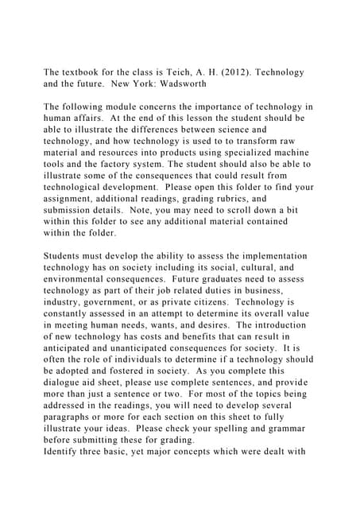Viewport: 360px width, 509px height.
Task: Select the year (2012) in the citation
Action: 233,73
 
